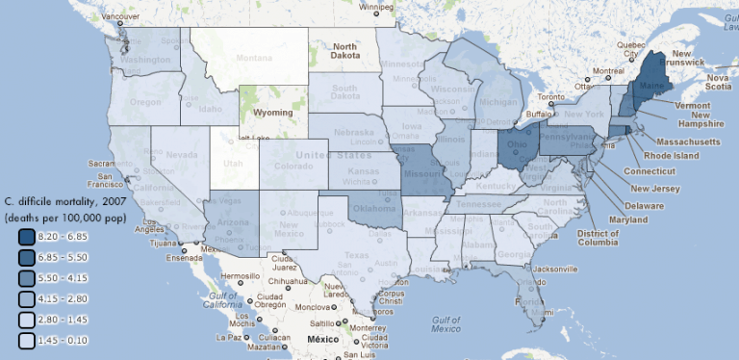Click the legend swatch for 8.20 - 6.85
[x=25, y=236]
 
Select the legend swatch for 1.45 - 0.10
[x=25, y=340]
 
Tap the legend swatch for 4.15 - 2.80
[x=25, y=298]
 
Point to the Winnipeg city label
[x=376, y=7]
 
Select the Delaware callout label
[x=643, y=205]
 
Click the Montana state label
[x=254, y=59]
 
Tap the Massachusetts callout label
[x=682, y=141]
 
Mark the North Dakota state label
[x=344, y=51]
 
